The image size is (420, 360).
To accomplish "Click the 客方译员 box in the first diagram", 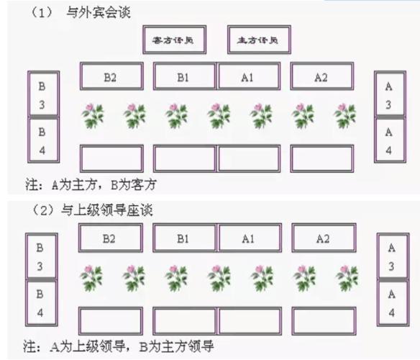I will (174, 40).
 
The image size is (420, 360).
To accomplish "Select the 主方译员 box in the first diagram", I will (259, 40).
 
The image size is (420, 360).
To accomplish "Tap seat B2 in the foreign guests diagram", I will (111, 76).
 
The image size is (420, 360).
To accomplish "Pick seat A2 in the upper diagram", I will (321, 76).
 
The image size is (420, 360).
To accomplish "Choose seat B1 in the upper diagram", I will (185, 76).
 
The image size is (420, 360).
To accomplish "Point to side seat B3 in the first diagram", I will (42, 94).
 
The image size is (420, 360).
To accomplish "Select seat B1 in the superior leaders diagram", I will (184, 238).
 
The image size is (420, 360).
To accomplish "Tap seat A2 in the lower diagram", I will (322, 238).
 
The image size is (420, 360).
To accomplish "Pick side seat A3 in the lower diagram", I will (391, 257).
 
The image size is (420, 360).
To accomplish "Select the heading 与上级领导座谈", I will (109, 210).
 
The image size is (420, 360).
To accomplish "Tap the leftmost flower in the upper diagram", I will (92, 114).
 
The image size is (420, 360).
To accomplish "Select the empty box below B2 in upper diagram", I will (111, 158).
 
